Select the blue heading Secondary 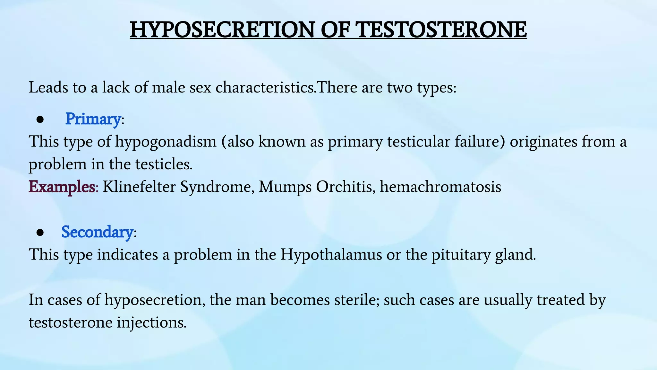pos(97,232)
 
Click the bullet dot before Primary pos(40,120)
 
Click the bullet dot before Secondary pos(40,233)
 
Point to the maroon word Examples pos(62,187)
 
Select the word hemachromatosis pos(440,187)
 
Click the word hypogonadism pos(166,142)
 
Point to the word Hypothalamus pos(331,254)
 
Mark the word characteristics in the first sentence pos(265,87)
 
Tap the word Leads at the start pos(48,87)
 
